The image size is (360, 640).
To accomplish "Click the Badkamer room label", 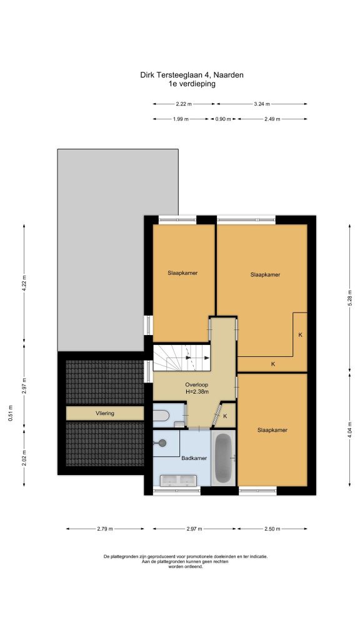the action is (x=194, y=458).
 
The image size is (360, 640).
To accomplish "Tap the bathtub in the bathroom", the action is (x=224, y=457).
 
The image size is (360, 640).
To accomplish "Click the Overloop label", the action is (x=197, y=385).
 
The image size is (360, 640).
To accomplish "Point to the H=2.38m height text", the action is (x=197, y=392).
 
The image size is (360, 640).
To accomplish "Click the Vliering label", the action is (x=105, y=414).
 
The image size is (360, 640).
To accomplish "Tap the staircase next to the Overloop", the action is (x=181, y=357).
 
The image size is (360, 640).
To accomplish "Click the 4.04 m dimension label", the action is (x=349, y=430).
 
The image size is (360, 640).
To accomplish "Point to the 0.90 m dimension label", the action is (x=223, y=119).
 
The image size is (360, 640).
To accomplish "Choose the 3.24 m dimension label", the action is (x=262, y=104).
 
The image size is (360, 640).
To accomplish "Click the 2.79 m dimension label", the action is (x=105, y=529).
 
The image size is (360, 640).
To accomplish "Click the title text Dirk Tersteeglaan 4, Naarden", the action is (x=192, y=75).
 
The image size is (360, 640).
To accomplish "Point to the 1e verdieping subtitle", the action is (x=192, y=84).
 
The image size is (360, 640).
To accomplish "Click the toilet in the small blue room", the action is (x=161, y=416).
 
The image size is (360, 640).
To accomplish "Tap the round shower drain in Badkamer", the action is (x=162, y=442).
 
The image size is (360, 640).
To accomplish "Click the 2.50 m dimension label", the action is (x=272, y=529).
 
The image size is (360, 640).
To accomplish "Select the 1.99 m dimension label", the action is (x=181, y=119).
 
